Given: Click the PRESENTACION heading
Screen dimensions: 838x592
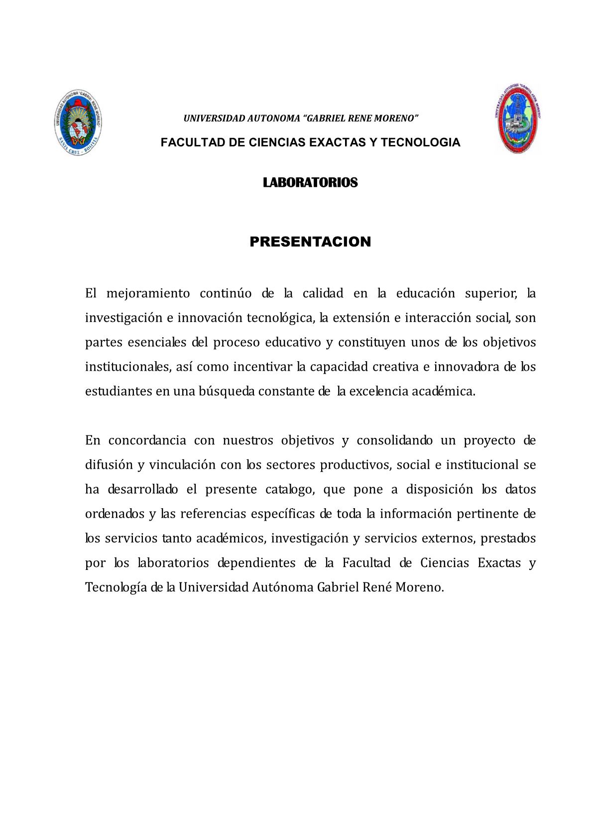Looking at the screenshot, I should click(x=310, y=242).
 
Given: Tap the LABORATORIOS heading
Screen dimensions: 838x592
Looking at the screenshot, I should click(x=310, y=183).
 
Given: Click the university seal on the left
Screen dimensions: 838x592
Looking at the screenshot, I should click(x=78, y=122).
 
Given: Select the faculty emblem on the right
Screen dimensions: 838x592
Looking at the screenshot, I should click(x=518, y=119).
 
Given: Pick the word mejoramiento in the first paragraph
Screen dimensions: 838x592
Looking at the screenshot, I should click(x=148, y=293).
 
